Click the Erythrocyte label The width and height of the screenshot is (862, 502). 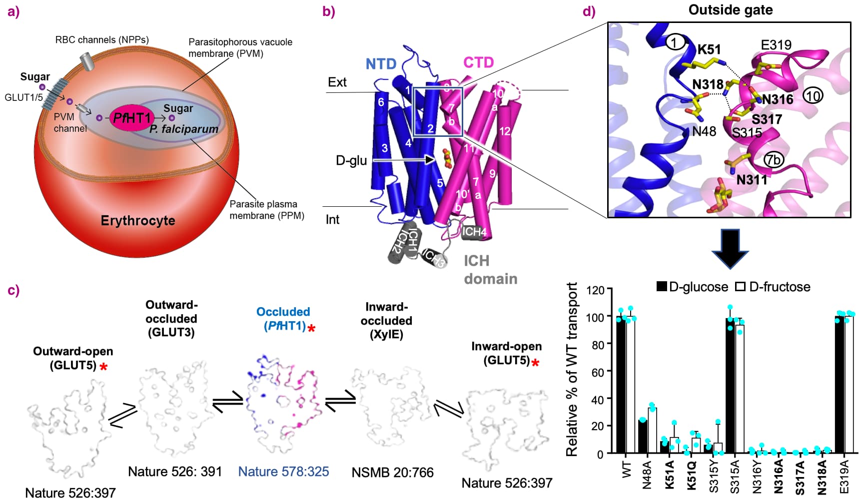pos(138,221)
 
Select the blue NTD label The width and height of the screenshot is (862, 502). pos(381,64)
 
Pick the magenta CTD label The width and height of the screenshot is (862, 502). pos(478,62)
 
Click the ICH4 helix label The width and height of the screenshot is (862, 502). pos(474,232)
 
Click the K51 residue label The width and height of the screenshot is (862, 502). pos(709,49)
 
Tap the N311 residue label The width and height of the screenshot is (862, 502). pos(752,180)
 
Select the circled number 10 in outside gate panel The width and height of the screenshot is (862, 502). pos(813,95)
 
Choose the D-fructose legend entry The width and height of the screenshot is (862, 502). pos(773,287)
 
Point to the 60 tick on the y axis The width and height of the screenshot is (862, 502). pos(598,372)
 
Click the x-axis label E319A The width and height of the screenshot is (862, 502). pos(845,477)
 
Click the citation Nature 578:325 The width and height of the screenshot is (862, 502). pos(283,472)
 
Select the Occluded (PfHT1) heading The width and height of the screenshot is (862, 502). pos(283,319)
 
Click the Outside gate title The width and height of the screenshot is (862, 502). pos(730,10)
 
